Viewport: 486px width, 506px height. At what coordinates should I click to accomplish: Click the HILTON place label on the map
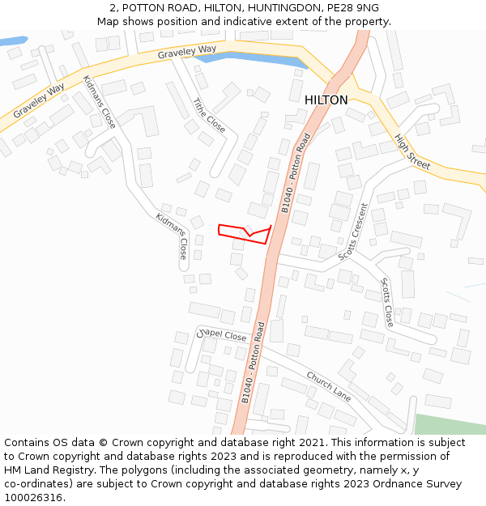point(326,100)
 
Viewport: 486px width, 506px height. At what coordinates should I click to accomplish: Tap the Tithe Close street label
point(209,116)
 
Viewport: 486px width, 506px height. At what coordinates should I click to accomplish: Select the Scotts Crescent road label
point(353,231)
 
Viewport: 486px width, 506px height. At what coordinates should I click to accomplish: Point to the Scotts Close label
point(387,302)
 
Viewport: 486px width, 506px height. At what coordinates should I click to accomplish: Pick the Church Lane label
point(329,386)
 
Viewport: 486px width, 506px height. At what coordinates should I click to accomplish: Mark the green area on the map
point(450,424)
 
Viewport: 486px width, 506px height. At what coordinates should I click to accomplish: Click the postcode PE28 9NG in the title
point(354,8)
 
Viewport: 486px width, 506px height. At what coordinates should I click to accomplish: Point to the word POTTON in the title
point(146,8)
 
